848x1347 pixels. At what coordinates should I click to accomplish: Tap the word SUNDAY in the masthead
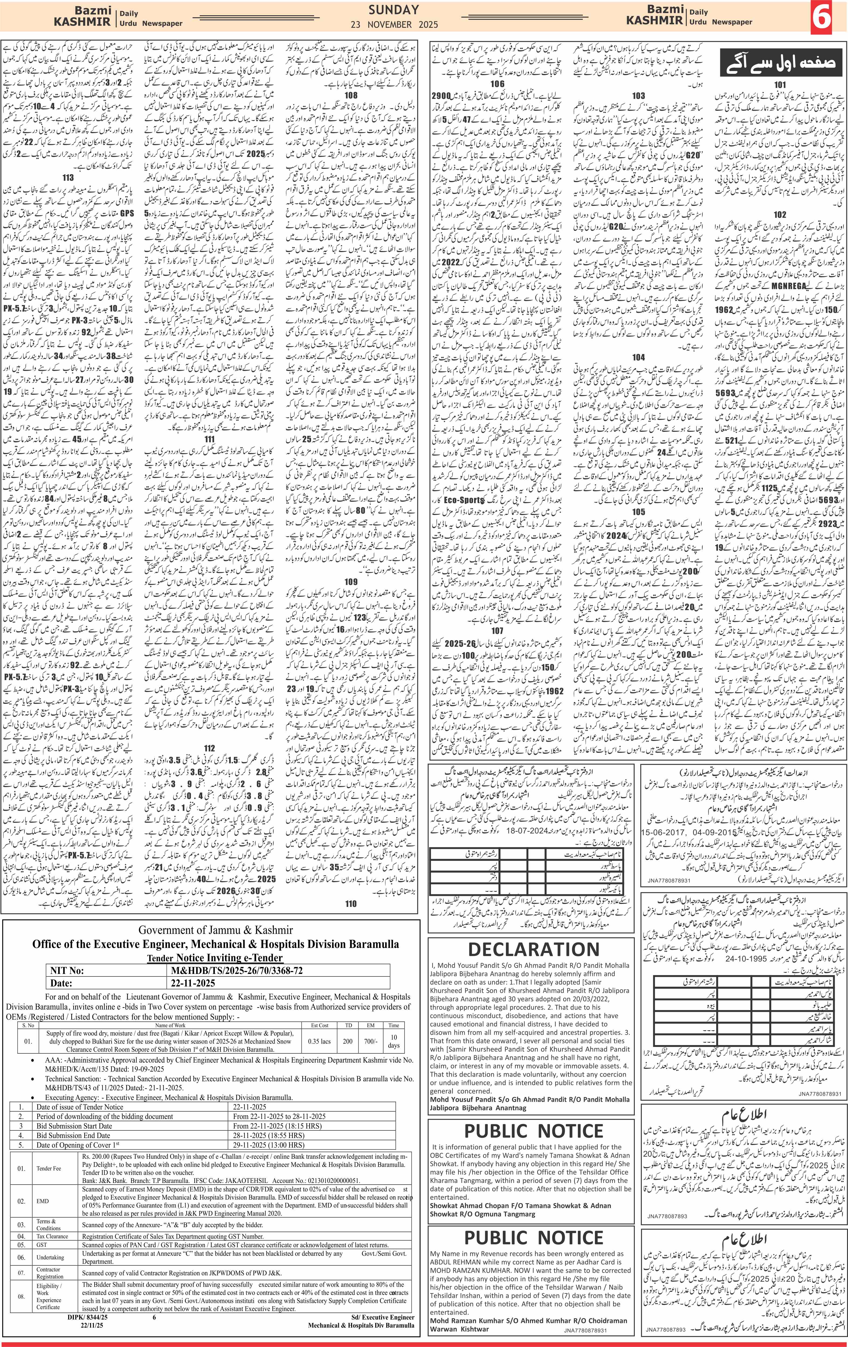tap(394, 9)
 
